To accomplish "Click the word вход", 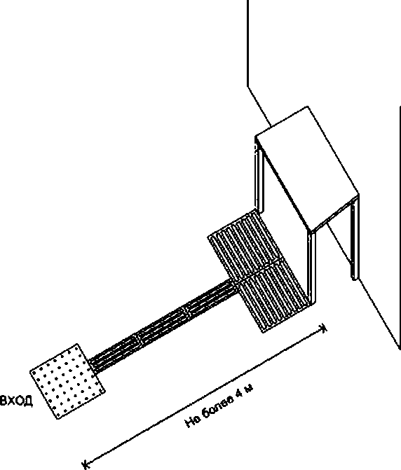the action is point(17,400).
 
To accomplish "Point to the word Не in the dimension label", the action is point(192,422).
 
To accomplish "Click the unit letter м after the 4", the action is point(249,388).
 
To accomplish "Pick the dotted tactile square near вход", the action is point(67,381).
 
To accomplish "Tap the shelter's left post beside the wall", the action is point(259,175).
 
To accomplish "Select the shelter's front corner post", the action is point(311,267).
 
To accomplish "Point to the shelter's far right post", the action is point(355,239).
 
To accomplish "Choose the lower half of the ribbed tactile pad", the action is point(273,297).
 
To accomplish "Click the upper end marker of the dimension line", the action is point(323,329).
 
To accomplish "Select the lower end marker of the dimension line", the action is point(86,464).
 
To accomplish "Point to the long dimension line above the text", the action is point(205,396).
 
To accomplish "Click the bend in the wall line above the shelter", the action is point(247,86).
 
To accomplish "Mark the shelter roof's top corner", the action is point(307,106).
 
